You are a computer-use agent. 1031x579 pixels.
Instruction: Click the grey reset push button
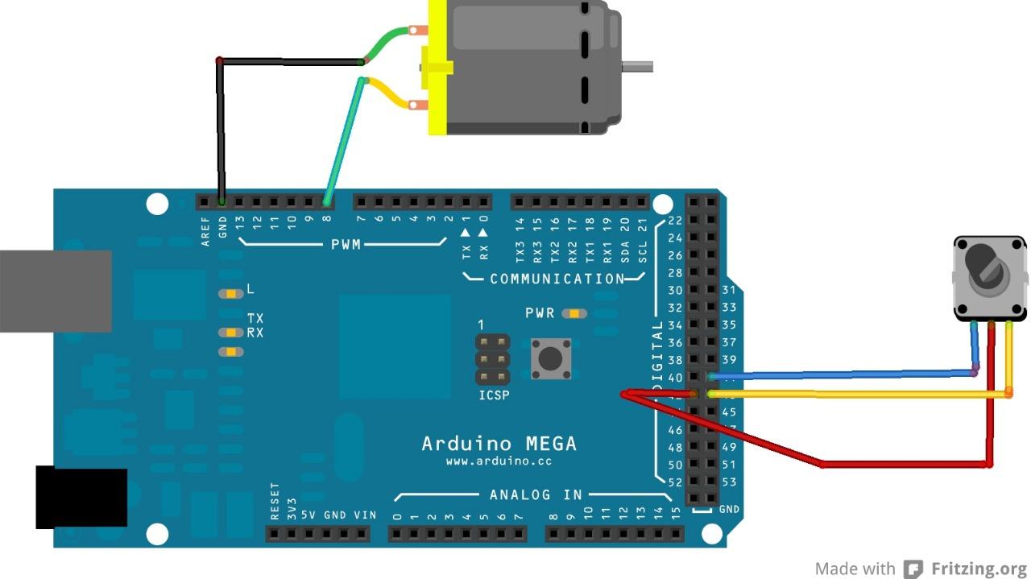[x=551, y=358]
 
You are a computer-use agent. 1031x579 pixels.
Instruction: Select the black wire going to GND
[x=219, y=129]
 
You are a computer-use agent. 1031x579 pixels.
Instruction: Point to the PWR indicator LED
[x=574, y=313]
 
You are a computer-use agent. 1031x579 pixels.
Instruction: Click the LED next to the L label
[x=230, y=294]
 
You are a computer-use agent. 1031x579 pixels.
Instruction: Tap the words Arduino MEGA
[x=499, y=444]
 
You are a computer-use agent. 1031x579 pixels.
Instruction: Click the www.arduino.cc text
[x=499, y=462]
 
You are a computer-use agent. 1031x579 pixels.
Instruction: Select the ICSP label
[x=493, y=396]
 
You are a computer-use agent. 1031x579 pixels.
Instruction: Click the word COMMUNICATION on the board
[x=557, y=279]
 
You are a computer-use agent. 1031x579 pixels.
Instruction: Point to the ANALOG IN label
[x=536, y=494]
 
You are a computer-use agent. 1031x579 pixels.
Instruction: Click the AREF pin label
[x=205, y=230]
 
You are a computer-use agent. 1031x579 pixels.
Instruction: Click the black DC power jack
[x=81, y=498]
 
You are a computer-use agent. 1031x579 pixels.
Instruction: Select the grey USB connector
[x=55, y=290]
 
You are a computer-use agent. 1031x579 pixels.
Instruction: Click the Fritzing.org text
[x=979, y=569]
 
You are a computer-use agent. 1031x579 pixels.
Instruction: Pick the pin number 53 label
[x=728, y=482]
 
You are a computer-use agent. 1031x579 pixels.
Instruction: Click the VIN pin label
[x=364, y=515]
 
